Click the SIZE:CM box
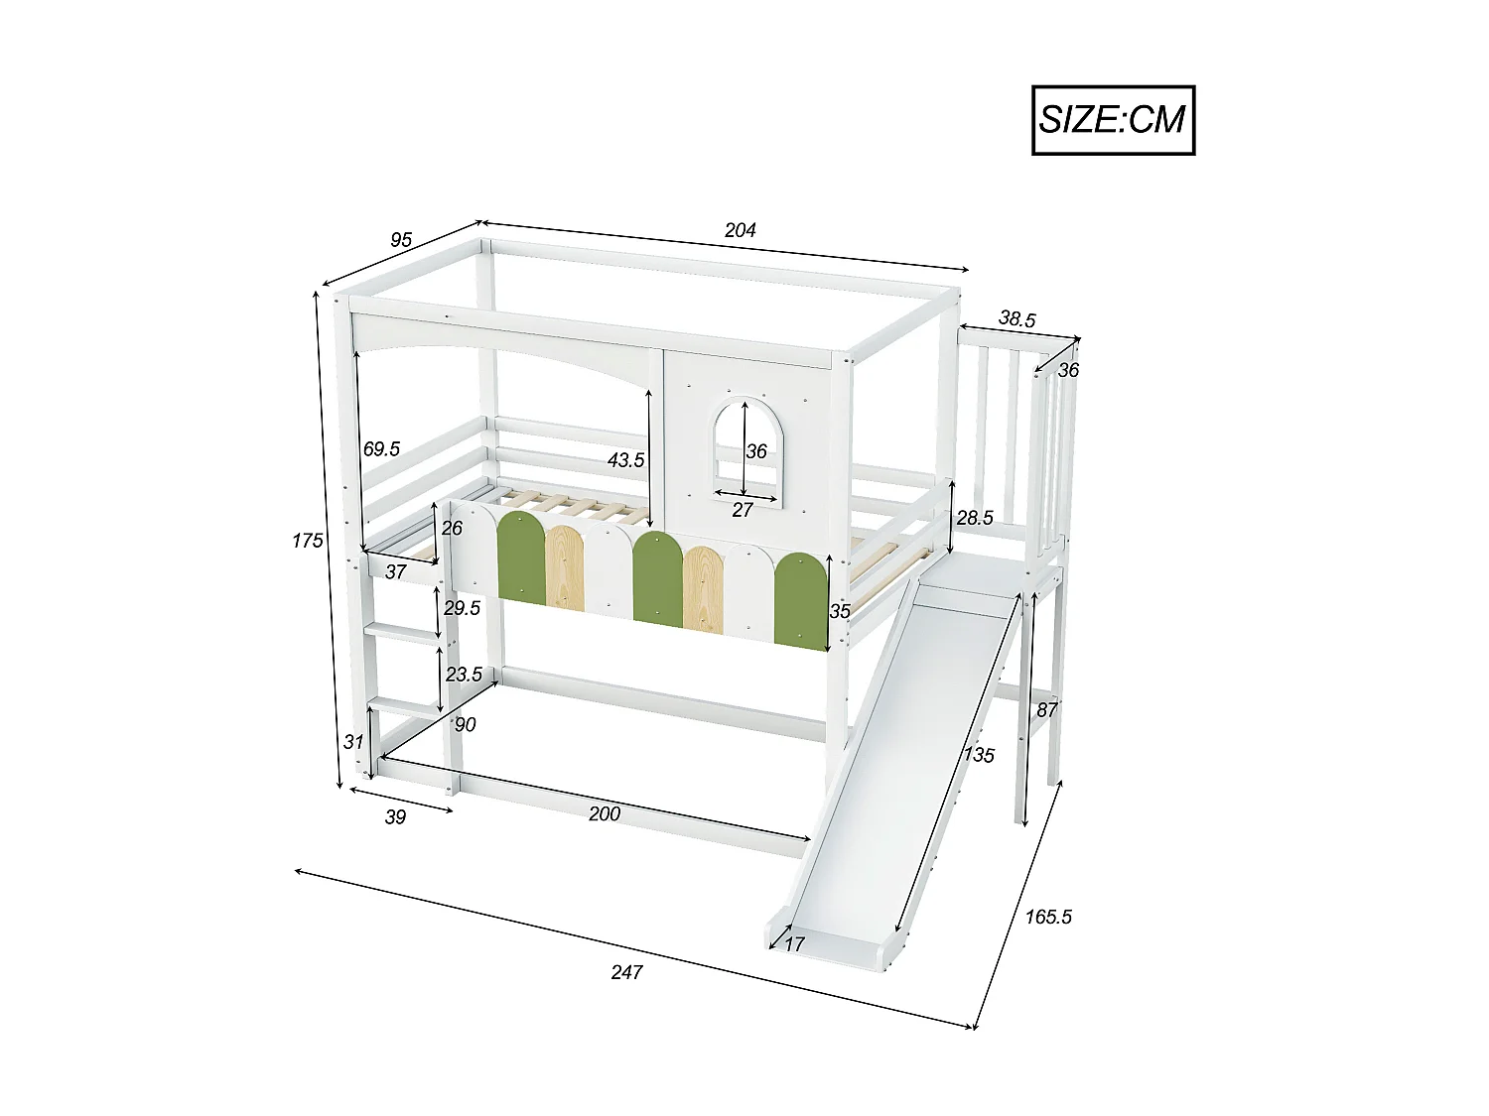[1113, 120]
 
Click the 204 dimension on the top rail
[740, 230]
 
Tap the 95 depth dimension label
[400, 240]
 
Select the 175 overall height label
[308, 541]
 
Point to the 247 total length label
[626, 972]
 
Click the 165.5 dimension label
[1048, 917]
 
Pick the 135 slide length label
[978, 755]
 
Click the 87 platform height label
[1046, 710]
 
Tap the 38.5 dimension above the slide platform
[1016, 319]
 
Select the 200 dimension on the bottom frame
[604, 813]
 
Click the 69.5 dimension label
[381, 449]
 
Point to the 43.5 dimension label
[626, 460]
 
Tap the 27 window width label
[742, 510]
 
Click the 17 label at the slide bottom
[794, 944]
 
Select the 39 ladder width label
[395, 816]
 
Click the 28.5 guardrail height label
[974, 518]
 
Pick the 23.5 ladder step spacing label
[464, 675]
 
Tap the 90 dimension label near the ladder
[465, 725]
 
